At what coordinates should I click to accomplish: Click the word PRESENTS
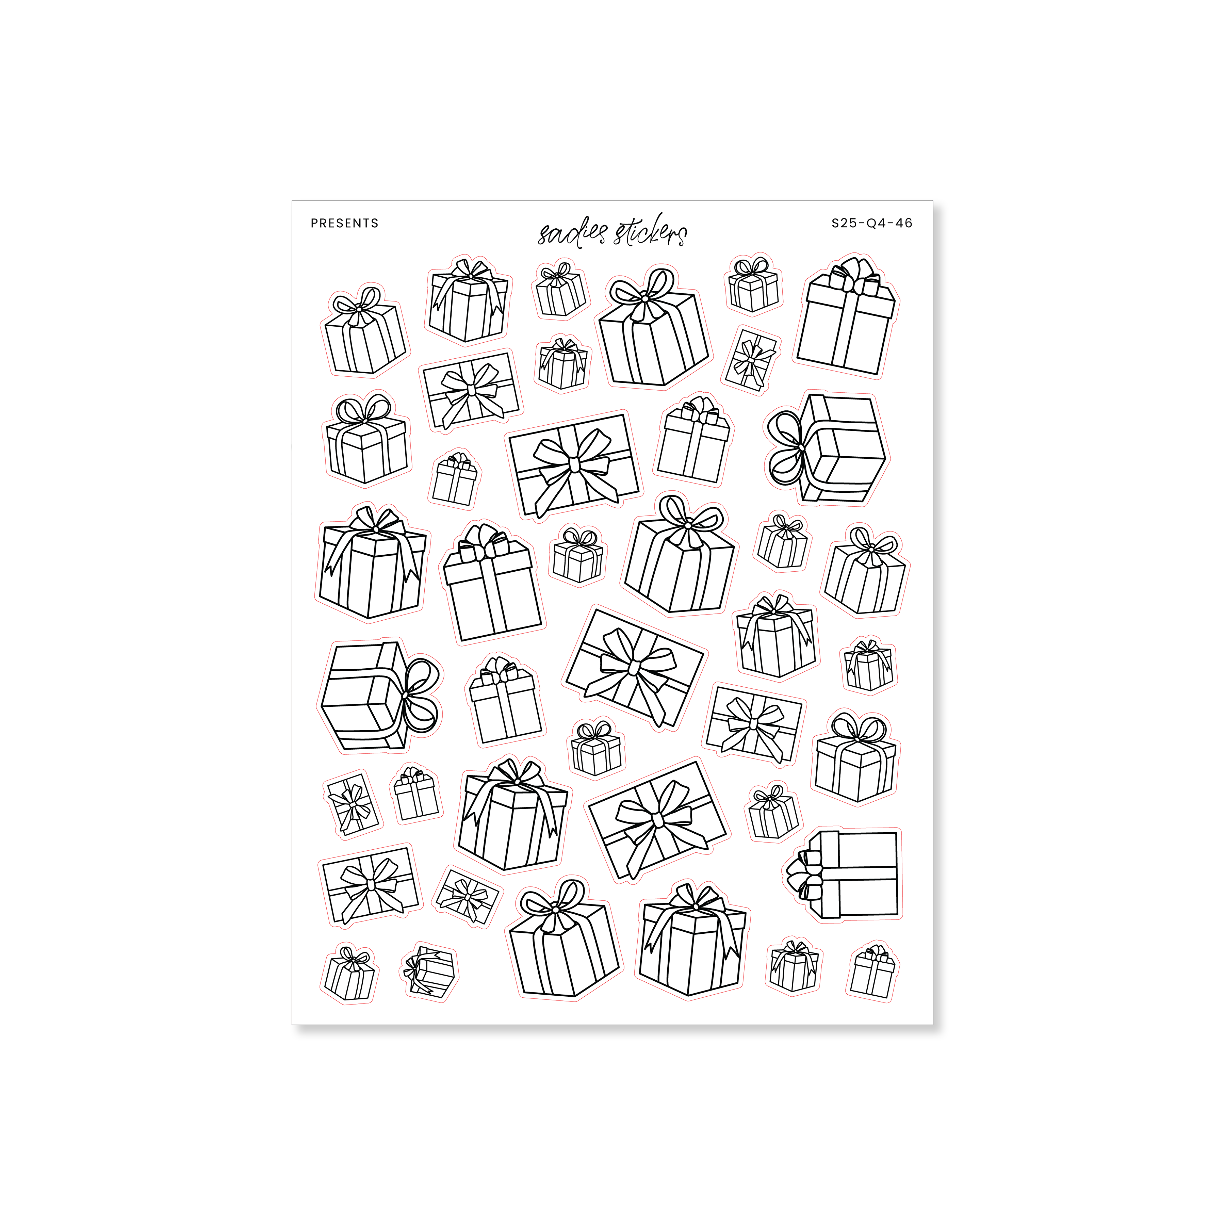(344, 223)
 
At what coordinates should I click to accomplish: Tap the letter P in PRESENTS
(314, 223)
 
